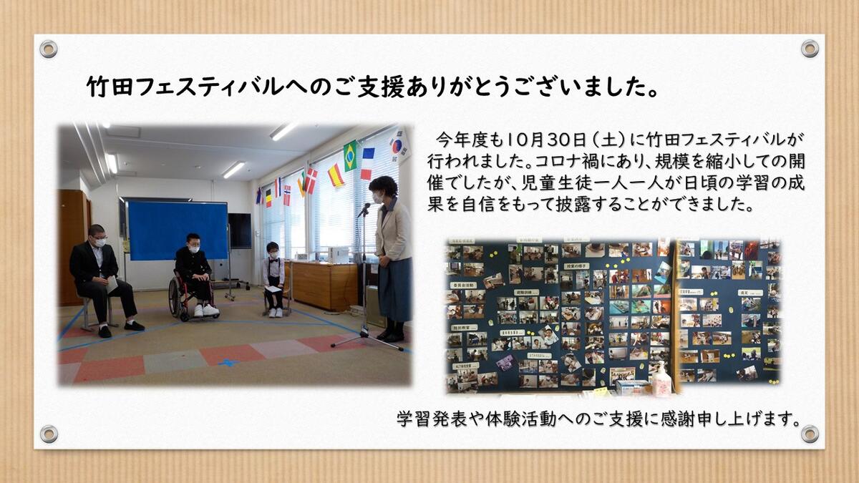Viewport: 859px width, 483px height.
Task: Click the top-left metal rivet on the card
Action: click(49, 49)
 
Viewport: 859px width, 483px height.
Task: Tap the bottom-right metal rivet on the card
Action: click(810, 434)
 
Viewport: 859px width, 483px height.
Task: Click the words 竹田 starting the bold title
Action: click(110, 87)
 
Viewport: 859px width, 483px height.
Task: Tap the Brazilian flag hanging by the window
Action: click(350, 156)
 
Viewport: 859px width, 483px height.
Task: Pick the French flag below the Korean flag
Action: click(367, 164)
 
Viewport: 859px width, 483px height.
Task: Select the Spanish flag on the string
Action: click(336, 175)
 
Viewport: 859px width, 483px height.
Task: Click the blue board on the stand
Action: click(178, 230)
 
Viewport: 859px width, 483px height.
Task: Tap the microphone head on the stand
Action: click(364, 209)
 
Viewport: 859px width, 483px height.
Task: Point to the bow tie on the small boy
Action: click(273, 260)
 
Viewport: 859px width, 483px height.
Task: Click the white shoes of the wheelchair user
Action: click(206, 310)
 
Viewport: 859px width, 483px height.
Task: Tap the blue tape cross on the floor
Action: click(228, 362)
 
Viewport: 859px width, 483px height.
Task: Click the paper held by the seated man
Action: click(112, 284)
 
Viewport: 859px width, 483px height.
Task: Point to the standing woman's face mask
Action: click(377, 197)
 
